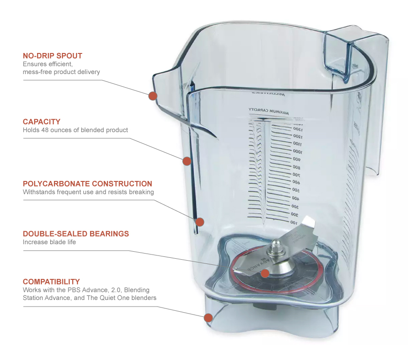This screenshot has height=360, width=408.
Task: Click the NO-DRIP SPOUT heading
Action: point(53,56)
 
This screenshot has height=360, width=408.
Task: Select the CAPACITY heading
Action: point(42,122)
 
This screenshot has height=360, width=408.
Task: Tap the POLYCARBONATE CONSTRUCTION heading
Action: point(87,184)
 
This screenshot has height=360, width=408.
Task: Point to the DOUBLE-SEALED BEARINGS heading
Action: point(76,233)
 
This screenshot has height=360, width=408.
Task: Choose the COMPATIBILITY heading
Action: point(51,282)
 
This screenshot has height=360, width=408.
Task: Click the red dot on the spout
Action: point(152,96)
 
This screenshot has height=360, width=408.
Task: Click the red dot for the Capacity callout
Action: point(186,161)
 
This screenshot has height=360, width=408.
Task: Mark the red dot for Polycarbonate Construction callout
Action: point(200,222)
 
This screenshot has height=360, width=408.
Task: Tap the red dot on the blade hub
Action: point(265,273)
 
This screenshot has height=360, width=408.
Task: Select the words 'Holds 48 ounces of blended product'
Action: point(75,130)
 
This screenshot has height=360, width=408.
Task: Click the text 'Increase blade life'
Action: point(49,242)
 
